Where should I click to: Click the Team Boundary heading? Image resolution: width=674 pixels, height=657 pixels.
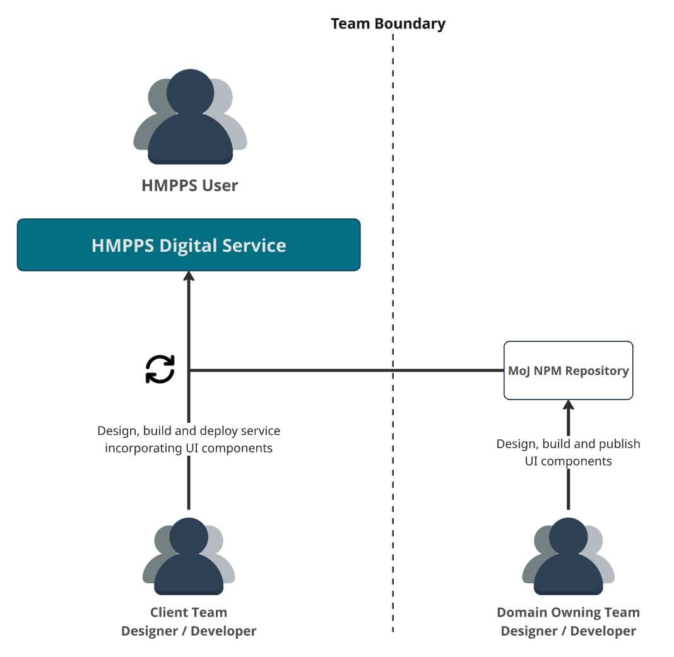tap(388, 24)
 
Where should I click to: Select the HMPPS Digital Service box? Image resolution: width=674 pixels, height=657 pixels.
tap(189, 245)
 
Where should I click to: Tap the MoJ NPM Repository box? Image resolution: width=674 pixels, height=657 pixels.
tap(568, 370)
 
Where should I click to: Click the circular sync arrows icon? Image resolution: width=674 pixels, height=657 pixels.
tap(160, 369)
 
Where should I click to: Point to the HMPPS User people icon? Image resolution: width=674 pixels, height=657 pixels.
tap(190, 117)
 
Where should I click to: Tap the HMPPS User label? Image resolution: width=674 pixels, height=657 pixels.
tap(190, 186)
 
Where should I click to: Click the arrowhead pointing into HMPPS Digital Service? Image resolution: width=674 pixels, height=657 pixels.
tap(189, 277)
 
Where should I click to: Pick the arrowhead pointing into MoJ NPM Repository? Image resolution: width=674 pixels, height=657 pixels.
tap(568, 406)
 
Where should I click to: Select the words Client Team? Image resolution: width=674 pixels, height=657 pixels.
tap(189, 612)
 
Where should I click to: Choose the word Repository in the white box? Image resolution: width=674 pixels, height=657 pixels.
tap(596, 370)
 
